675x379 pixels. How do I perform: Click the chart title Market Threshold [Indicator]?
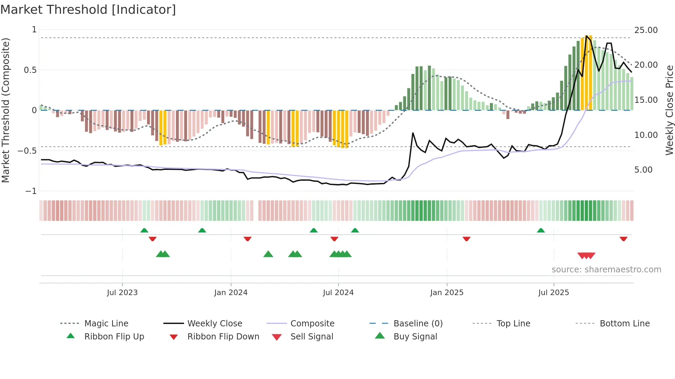(x=88, y=10)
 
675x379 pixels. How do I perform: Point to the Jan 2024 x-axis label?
(x=231, y=293)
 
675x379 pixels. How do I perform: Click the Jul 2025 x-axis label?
(x=553, y=293)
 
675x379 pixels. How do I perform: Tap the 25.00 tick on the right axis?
(x=646, y=30)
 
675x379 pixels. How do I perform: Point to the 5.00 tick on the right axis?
(x=643, y=170)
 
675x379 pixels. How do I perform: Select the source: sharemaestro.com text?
(x=606, y=270)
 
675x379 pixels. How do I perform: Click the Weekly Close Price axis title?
(x=669, y=110)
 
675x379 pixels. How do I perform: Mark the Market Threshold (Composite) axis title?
(x=6, y=110)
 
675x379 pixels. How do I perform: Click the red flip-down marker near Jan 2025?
(x=466, y=239)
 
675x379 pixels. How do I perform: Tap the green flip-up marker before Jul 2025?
(x=541, y=230)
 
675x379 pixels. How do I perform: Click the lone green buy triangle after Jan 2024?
(x=268, y=254)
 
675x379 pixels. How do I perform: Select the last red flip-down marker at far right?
(x=623, y=239)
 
